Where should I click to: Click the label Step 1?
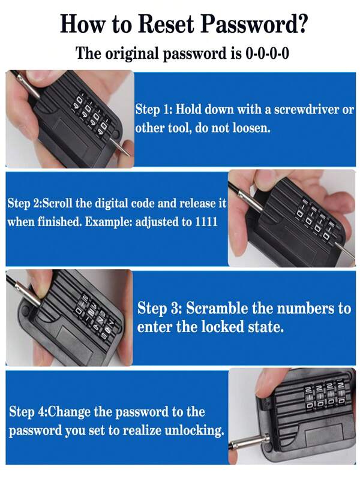(155, 110)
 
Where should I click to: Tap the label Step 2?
(27, 203)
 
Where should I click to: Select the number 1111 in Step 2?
(204, 221)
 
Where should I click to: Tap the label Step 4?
(28, 412)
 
